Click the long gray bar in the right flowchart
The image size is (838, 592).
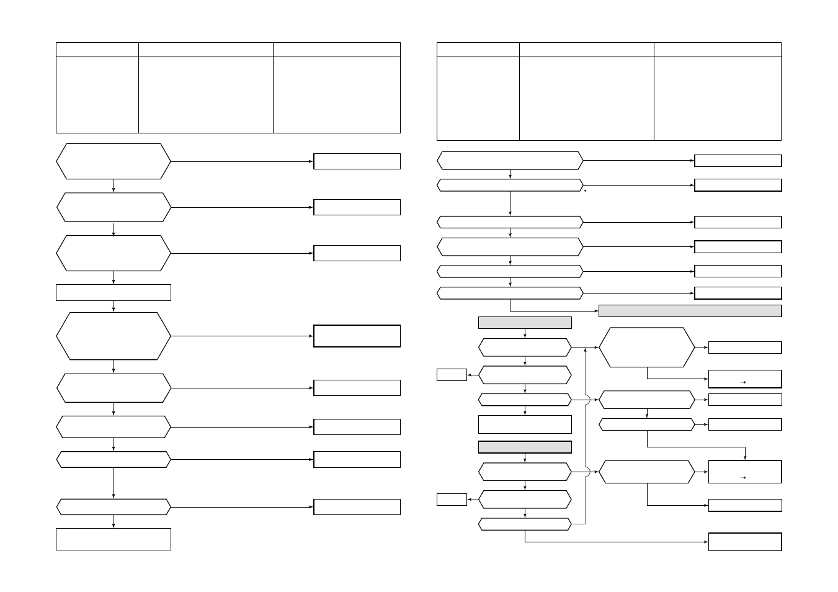point(690,311)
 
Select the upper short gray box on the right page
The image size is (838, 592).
point(525,323)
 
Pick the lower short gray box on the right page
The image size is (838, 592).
point(525,447)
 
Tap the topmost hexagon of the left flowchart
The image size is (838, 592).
point(114,161)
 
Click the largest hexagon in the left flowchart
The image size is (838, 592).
point(114,336)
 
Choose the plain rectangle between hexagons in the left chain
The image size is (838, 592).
point(114,292)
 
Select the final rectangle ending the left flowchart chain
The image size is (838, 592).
point(114,539)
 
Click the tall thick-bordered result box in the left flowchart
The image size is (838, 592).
point(357,336)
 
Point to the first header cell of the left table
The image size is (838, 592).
point(97,49)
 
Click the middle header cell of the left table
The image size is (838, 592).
point(205,49)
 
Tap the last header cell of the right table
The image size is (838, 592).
point(717,49)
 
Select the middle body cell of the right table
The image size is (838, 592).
point(586,98)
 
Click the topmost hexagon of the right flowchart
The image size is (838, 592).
point(510,160)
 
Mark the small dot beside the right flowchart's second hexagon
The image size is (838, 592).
point(585,191)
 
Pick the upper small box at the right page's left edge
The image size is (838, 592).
point(452,374)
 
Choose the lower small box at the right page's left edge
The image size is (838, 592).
point(452,499)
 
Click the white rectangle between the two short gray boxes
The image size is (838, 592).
point(525,424)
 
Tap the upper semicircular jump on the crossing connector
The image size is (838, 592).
point(587,400)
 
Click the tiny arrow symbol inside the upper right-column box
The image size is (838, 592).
point(743,382)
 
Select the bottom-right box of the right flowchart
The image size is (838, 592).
point(744,542)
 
